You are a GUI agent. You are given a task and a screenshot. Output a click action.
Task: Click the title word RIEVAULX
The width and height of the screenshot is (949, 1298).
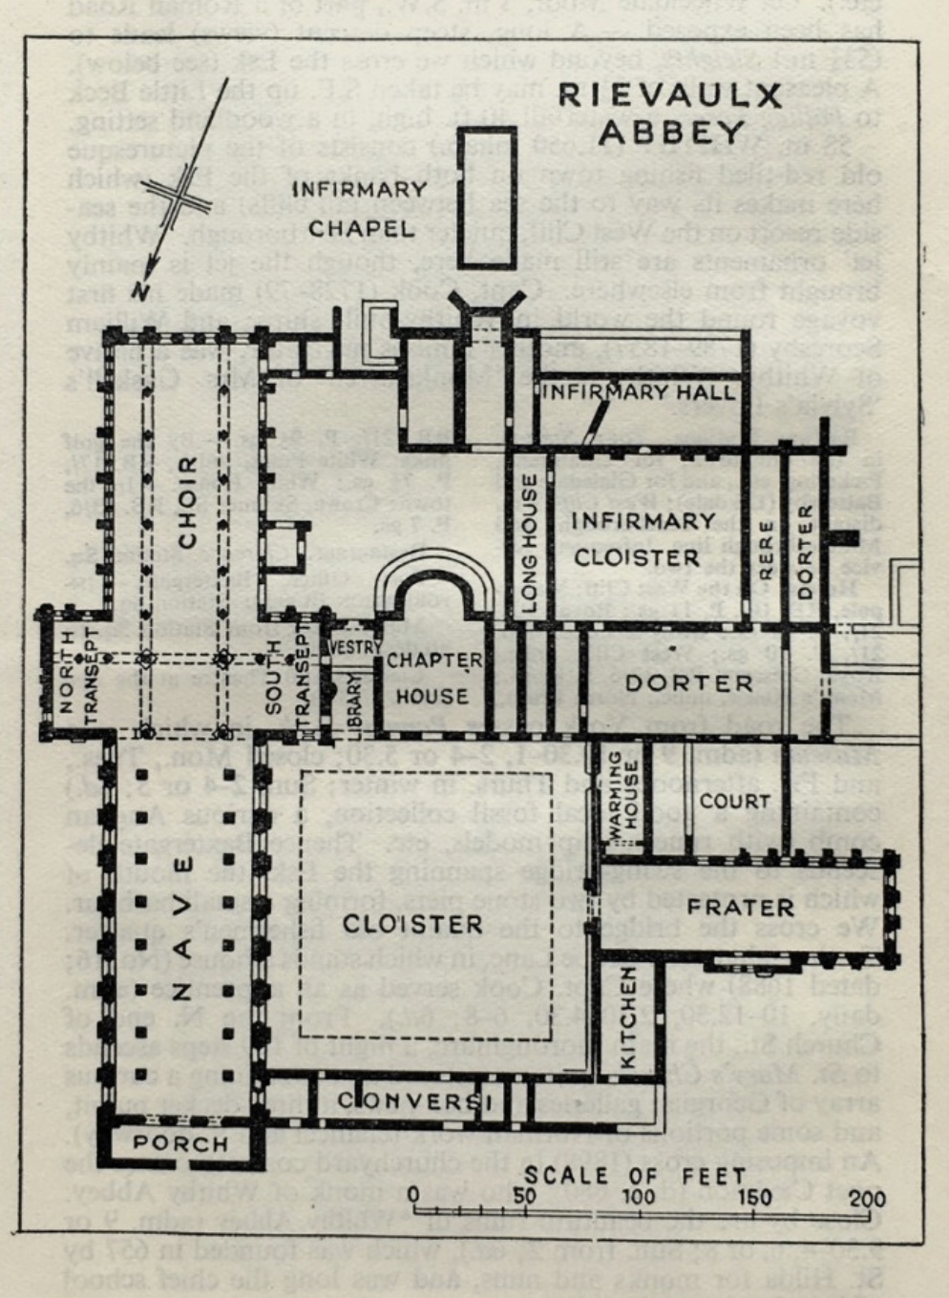point(670,95)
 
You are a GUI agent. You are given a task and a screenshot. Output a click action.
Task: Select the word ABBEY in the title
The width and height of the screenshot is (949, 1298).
point(672,133)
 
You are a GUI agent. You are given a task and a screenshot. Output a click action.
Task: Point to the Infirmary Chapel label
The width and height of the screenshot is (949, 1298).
point(360,208)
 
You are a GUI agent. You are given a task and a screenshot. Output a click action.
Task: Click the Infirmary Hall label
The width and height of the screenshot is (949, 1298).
point(639,391)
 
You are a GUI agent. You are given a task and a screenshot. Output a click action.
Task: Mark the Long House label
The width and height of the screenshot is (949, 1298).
point(530,543)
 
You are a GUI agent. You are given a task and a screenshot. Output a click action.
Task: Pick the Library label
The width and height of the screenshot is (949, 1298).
point(355,706)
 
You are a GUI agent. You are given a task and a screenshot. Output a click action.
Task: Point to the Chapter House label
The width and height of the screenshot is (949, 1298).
point(433,678)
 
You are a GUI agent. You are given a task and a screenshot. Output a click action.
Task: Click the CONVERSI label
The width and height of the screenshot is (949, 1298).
point(413,1100)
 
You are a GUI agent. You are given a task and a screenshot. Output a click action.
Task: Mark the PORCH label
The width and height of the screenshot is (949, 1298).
point(180,1143)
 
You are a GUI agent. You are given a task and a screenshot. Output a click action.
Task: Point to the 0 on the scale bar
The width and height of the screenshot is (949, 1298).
point(413,1196)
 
